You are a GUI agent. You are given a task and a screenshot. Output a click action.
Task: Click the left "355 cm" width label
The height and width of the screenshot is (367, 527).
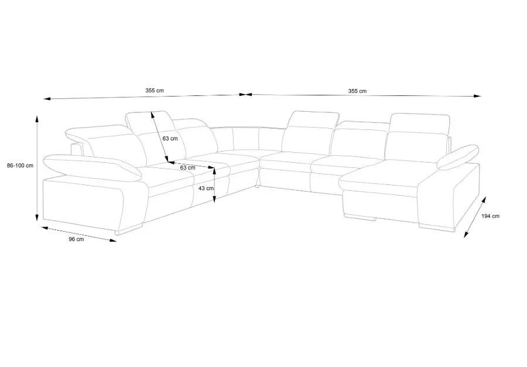click(155, 90)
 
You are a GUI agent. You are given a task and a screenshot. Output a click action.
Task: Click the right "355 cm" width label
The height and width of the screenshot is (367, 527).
click(357, 91)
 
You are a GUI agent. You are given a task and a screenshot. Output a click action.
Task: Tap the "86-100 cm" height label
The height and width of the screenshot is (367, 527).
click(20, 165)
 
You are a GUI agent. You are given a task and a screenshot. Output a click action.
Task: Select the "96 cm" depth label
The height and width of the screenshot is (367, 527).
click(76, 239)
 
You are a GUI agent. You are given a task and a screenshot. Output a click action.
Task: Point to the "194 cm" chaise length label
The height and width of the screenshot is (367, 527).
click(490, 216)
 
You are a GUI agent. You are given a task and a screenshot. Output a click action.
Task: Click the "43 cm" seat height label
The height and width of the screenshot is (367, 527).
click(206, 188)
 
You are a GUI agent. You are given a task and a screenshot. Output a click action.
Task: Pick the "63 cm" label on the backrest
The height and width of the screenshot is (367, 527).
click(170, 139)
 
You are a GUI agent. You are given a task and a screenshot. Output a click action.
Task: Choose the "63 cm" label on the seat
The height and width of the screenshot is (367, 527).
click(187, 167)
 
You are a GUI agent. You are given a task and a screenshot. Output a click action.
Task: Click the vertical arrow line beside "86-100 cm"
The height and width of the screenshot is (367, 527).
click(37, 168)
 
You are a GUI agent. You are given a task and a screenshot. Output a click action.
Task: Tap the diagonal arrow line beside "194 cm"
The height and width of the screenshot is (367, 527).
click(475, 217)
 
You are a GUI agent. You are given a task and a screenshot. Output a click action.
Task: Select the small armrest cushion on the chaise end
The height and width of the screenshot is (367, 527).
click(458, 157)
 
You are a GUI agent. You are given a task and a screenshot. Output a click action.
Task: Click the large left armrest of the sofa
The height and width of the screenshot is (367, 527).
click(93, 167)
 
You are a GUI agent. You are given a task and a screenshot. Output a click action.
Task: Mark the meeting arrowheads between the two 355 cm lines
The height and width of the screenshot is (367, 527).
click(246, 95)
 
